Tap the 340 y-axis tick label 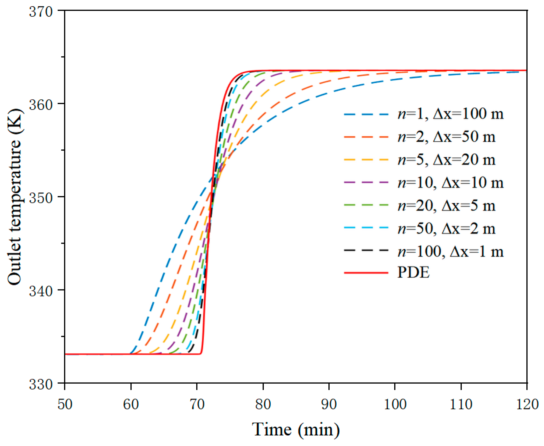(41, 291)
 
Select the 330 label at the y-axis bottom (41, 385)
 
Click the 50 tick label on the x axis (65, 404)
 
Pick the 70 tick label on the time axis (197, 404)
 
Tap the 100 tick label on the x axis (395, 404)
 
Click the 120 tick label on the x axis (527, 404)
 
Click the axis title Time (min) (296, 430)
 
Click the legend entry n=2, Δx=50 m (446, 137)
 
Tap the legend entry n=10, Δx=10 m (450, 183)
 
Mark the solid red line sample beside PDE (366, 273)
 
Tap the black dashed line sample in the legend (366, 250)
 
